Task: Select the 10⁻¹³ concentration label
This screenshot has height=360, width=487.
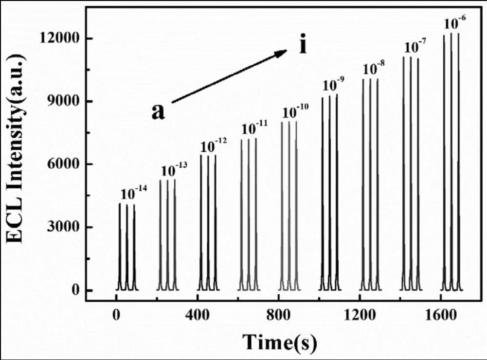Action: coord(174,170)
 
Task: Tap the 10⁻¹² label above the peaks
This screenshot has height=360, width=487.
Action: coord(214,145)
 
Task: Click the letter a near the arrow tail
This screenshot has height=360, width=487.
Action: coord(159,112)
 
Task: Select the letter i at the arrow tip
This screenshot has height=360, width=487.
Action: coord(303,45)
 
